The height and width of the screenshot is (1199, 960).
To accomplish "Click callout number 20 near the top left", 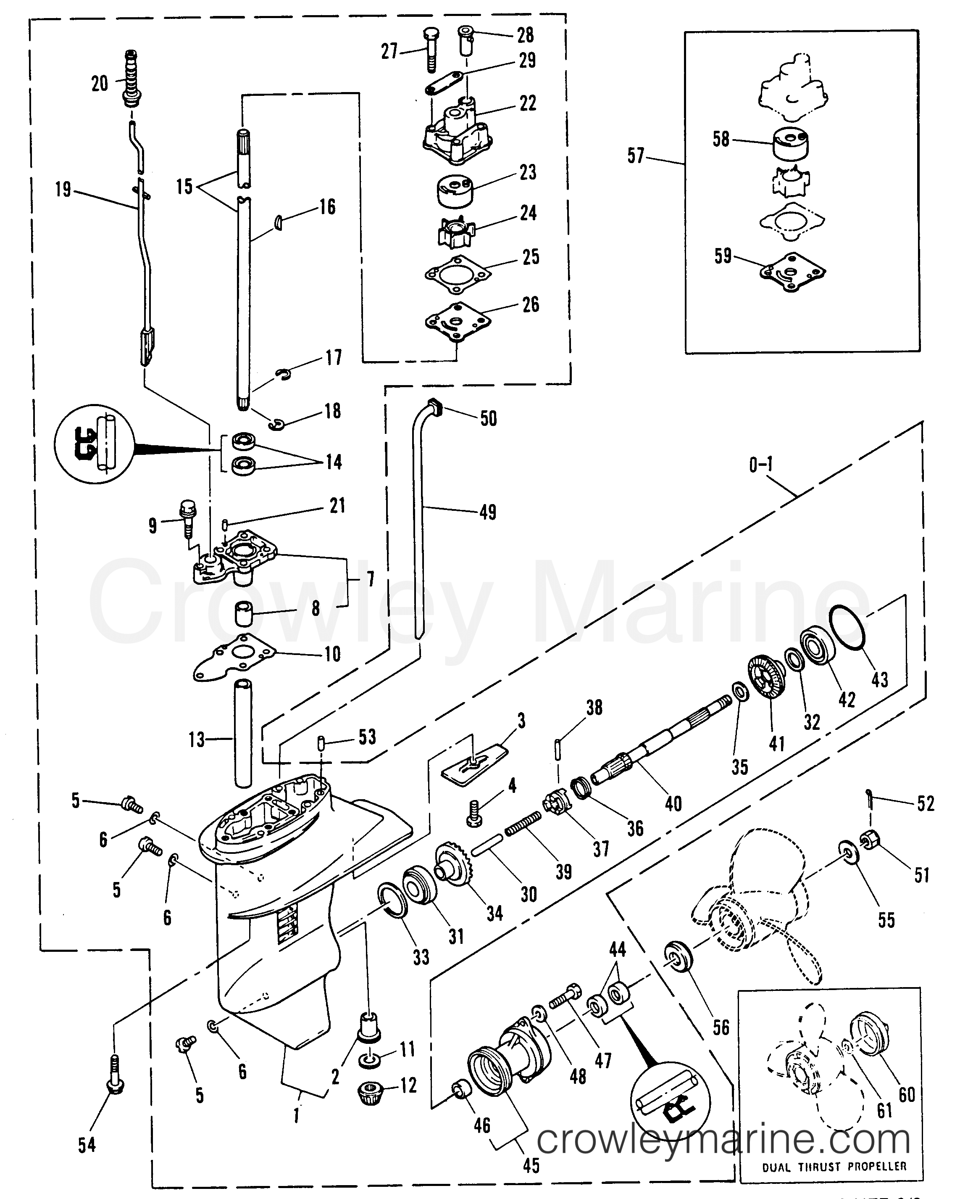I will pos(100,84).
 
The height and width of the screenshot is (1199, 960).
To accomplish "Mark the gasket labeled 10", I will pos(234,658).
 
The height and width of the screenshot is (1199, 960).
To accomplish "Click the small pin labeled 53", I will pos(321,742).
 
